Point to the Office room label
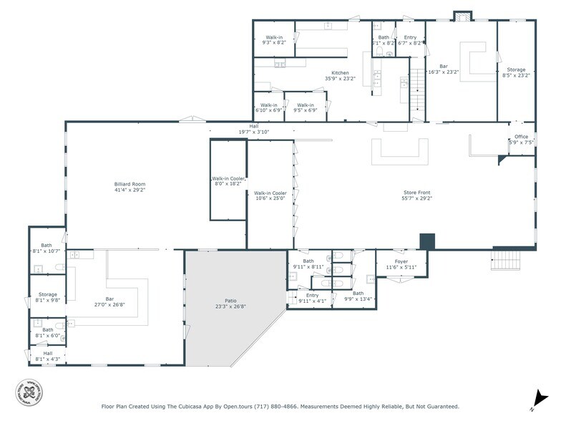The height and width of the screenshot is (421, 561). (520, 140)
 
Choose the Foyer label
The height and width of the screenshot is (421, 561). (401, 264)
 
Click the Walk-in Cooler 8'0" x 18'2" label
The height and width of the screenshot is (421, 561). (228, 181)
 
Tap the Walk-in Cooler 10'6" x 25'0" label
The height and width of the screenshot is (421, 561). (270, 195)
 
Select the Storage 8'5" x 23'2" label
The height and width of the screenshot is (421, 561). (516, 72)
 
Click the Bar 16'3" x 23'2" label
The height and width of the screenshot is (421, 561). (443, 69)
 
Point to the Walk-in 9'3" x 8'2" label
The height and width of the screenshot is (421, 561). (274, 40)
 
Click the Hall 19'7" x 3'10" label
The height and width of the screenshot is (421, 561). (253, 130)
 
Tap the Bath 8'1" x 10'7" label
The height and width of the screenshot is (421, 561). (47, 248)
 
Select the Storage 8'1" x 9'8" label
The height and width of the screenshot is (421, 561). (48, 297)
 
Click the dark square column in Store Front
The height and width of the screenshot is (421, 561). (427, 241)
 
